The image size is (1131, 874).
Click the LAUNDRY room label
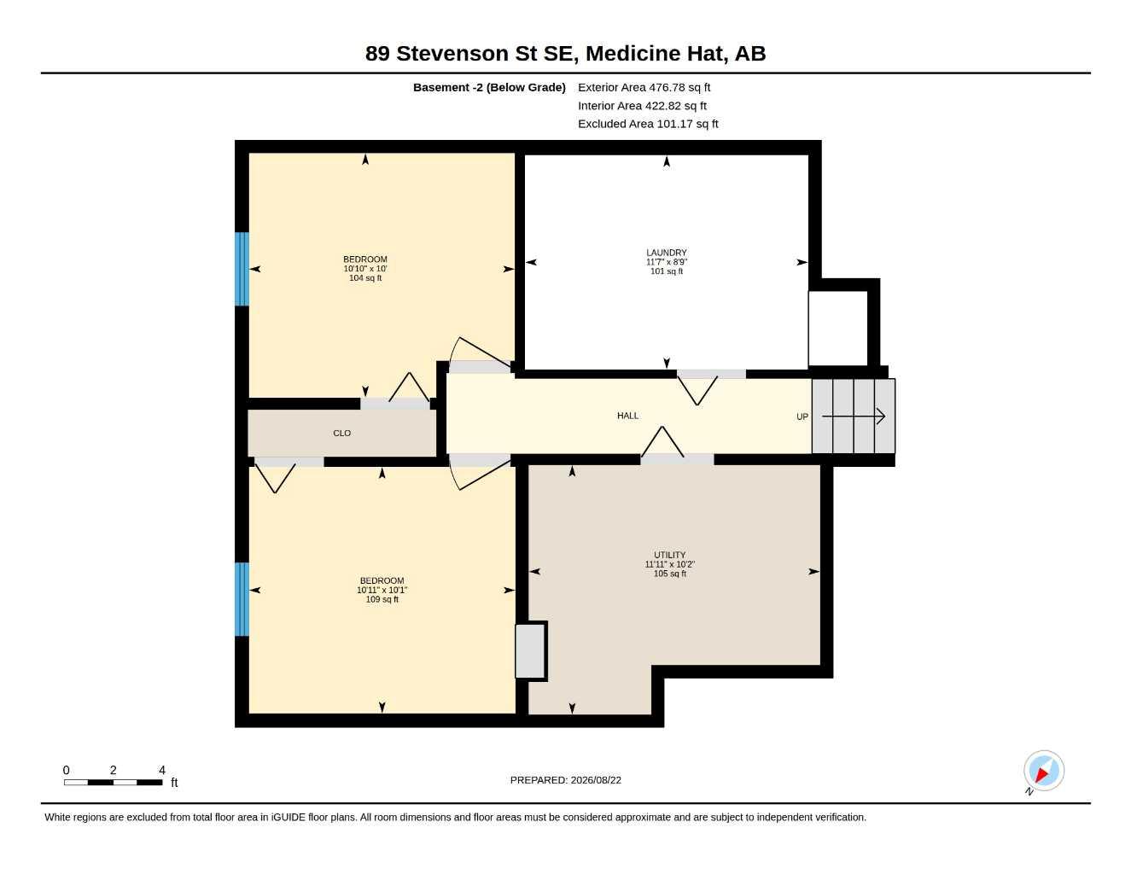tap(666, 253)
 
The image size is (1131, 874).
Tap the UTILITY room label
tap(669, 555)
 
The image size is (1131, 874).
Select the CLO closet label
tap(342, 433)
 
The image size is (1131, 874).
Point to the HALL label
tap(627, 416)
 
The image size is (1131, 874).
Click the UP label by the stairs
tap(802, 417)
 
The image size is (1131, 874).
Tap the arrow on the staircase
tap(853, 417)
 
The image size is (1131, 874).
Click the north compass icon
tap(1043, 772)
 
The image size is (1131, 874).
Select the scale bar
tap(113, 782)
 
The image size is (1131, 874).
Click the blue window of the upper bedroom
tap(242, 269)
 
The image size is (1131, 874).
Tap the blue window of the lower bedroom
tap(242, 599)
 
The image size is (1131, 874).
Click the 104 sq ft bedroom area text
tap(365, 278)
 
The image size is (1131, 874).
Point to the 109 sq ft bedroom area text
tap(382, 600)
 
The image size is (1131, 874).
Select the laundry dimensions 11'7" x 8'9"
tap(666, 262)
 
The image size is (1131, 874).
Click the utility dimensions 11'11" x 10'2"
tap(669, 564)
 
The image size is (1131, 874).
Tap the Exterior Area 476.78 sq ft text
tap(644, 87)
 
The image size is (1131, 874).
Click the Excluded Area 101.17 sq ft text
tap(648, 124)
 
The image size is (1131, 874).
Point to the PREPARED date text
tap(565, 780)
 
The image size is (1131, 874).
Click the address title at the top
tap(565, 54)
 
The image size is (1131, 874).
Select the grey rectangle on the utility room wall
tap(530, 651)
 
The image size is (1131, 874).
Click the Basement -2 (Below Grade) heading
tap(489, 87)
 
